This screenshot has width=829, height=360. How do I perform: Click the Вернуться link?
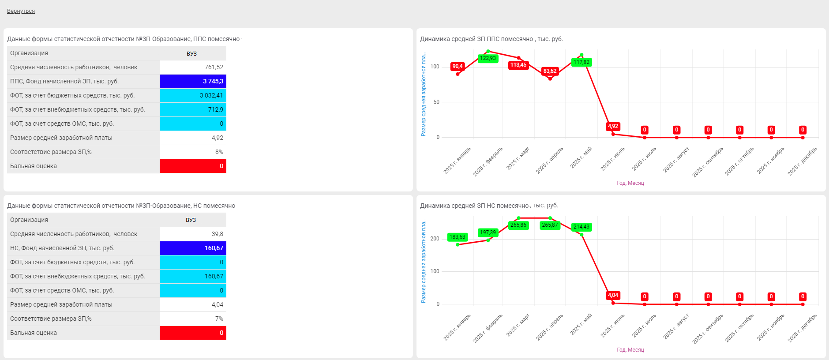[21, 11]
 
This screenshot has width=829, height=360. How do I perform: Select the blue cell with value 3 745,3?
[193, 81]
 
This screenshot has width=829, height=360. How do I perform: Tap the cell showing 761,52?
[193, 67]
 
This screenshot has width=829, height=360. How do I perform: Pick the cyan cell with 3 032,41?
[193, 95]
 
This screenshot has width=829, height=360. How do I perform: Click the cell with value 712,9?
[193, 109]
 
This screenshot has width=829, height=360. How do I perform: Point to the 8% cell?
[193, 152]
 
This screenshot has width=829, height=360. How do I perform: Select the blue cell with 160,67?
[193, 248]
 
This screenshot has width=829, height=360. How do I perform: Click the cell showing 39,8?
[193, 234]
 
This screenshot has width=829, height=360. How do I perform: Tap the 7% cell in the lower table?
[193, 319]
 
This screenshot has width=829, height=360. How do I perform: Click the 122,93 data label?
[488, 58]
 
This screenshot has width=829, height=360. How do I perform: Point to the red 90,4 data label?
[458, 66]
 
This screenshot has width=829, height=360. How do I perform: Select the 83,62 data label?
[550, 71]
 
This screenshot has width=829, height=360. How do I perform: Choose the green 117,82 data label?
[581, 62]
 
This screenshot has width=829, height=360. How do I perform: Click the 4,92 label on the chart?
[613, 126]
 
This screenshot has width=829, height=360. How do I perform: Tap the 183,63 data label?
[458, 237]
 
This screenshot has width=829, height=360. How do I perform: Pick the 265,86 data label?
[518, 225]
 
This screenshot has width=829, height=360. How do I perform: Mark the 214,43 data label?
[581, 227]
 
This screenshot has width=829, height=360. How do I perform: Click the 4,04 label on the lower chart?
[613, 295]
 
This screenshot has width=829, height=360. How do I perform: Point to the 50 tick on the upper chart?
[436, 102]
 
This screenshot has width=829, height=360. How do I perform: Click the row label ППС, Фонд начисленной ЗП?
[64, 81]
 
